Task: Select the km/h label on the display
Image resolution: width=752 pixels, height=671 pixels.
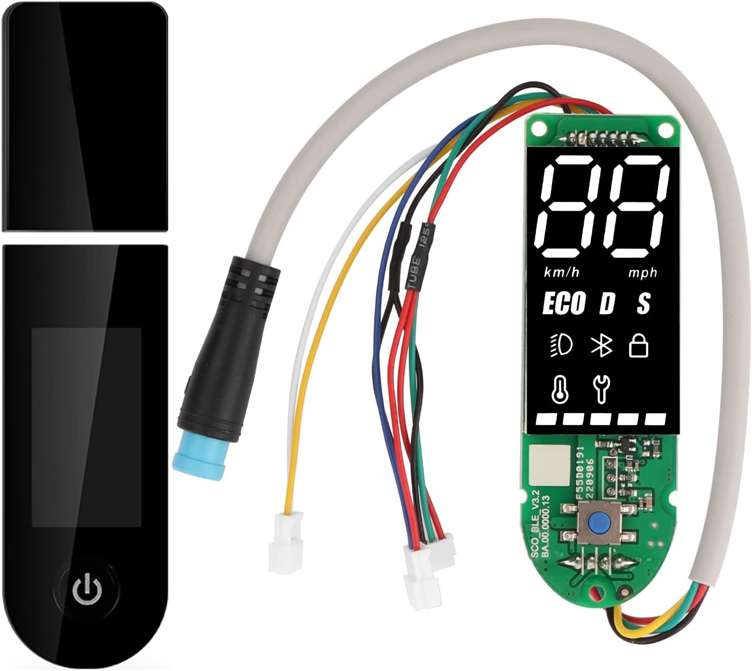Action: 562,272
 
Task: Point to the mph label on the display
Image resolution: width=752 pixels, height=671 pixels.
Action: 643,273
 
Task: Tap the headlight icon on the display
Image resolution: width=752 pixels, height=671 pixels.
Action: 561,345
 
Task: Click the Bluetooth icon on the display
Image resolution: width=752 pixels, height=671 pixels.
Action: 602,345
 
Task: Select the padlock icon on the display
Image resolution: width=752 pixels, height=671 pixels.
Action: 639,345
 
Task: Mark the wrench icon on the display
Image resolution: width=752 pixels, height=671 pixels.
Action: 601,388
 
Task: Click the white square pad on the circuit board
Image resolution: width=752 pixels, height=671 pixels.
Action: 549,465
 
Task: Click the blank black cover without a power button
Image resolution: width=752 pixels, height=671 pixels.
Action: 84,115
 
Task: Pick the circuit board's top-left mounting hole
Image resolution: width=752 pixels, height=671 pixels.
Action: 537,129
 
